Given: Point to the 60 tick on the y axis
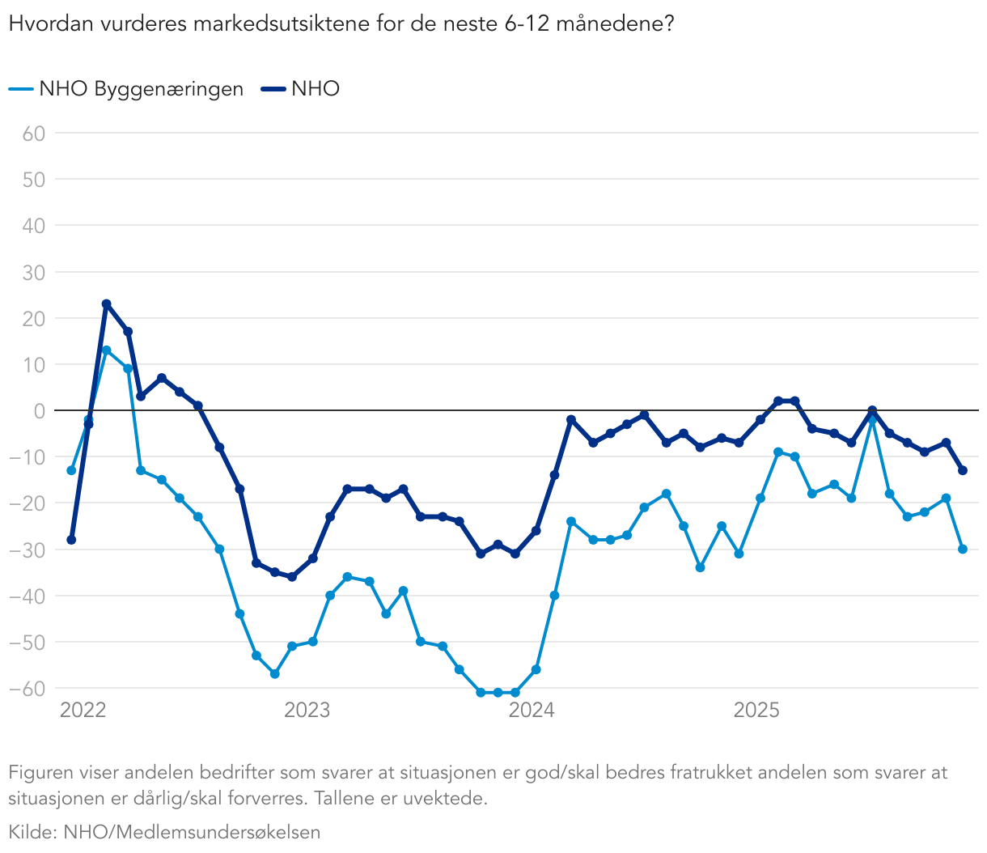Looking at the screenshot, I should (33, 133).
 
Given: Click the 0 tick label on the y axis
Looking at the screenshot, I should (39, 411).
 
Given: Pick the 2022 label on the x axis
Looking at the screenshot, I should (83, 711).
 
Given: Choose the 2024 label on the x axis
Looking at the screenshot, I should (532, 711).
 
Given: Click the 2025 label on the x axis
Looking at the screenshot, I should (756, 711).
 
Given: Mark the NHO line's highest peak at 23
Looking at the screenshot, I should (106, 304).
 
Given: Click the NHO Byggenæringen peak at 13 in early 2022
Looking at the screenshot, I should (106, 350).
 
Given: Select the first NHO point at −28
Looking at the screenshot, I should (71, 540).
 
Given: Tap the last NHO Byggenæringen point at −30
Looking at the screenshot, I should (963, 549).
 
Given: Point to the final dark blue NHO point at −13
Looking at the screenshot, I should (963, 470).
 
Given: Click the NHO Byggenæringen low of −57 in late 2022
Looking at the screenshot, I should (275, 673).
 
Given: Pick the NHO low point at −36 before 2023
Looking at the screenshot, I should (292, 577).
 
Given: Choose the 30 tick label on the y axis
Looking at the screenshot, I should (33, 272).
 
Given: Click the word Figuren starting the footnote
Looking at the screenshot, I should (40, 773).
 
